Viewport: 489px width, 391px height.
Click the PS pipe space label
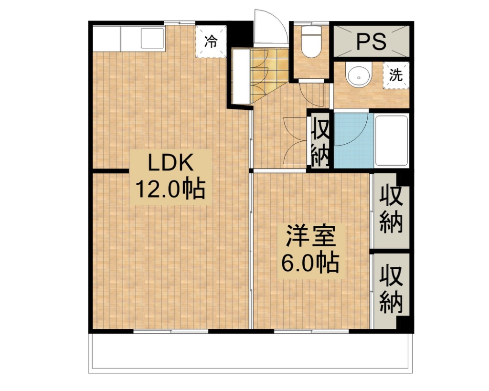371,42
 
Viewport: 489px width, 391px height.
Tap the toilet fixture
311,42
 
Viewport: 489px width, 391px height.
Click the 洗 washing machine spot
396,75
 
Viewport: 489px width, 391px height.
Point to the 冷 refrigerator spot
211,42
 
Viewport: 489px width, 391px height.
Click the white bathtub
392,140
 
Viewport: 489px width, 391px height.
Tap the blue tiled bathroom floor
353,140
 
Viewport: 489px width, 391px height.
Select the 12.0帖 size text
170,189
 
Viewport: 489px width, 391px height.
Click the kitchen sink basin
152,38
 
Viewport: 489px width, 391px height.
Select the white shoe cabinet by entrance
241,76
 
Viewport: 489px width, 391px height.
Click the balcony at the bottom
251,353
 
